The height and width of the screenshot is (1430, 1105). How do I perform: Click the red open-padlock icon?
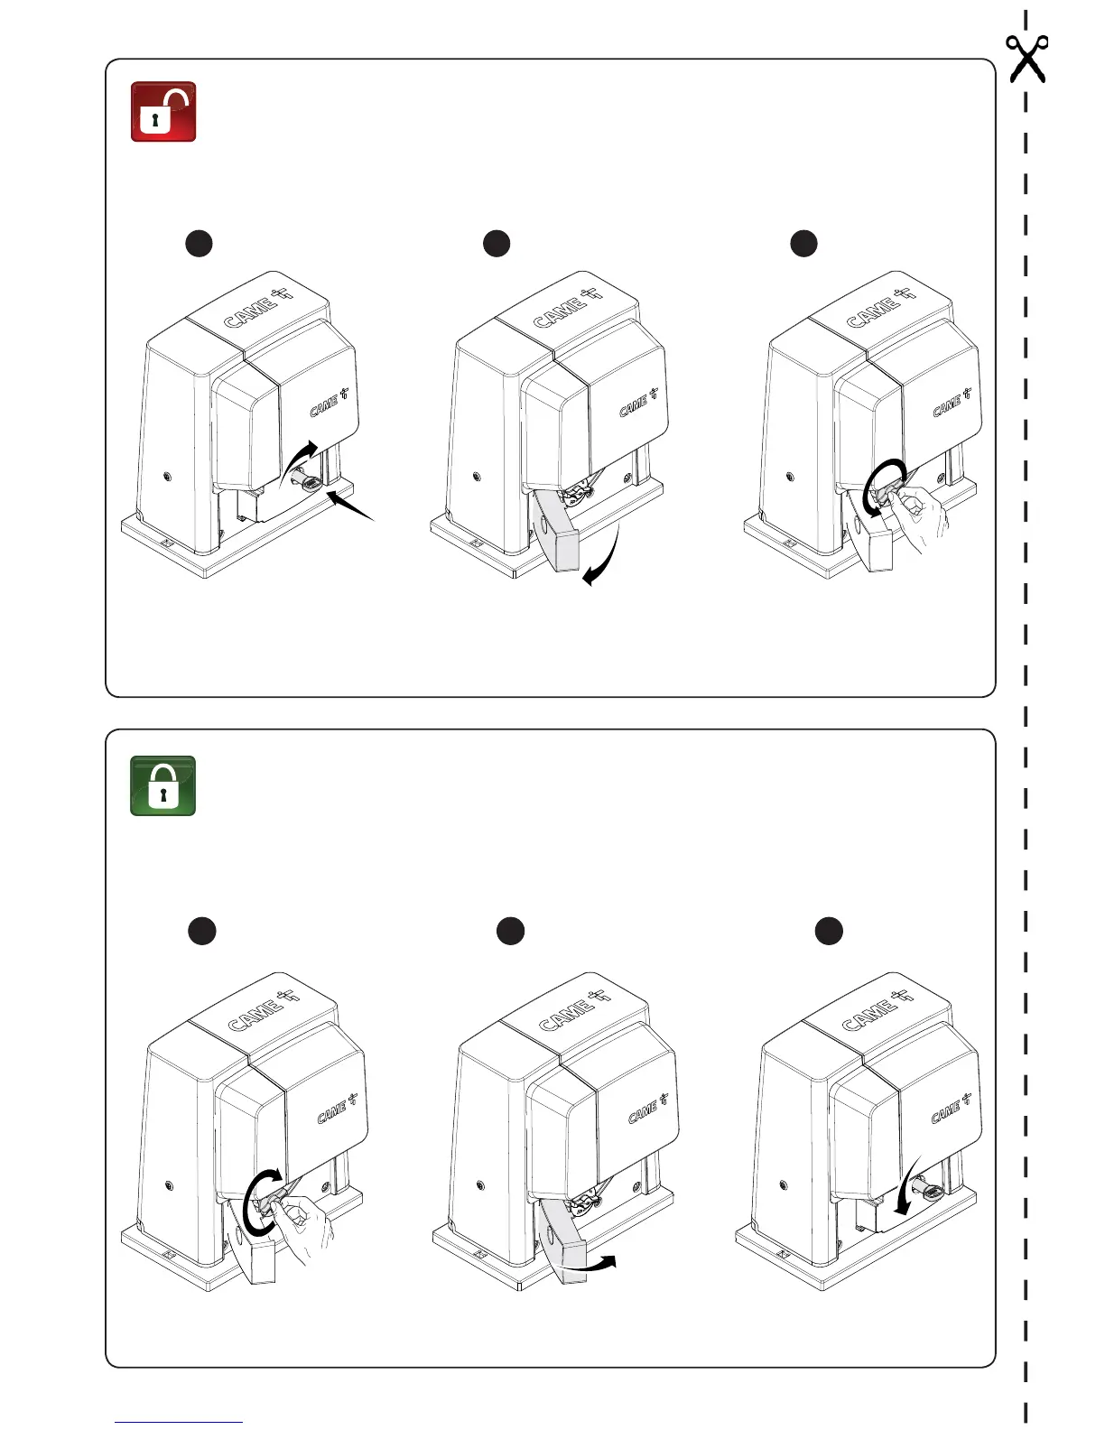[x=163, y=112]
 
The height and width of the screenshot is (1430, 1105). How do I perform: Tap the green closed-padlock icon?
[x=163, y=785]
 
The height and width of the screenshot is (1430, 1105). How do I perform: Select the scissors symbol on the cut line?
[x=1027, y=58]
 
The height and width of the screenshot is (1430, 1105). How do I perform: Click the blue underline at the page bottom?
[x=179, y=1422]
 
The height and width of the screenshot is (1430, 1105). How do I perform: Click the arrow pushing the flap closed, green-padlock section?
[x=591, y=1264]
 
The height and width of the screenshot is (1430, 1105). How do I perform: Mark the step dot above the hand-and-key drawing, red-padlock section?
[x=803, y=243]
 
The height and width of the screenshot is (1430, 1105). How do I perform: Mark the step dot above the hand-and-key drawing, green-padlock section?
[x=202, y=931]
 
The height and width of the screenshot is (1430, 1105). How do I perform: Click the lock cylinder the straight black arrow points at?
[x=310, y=484]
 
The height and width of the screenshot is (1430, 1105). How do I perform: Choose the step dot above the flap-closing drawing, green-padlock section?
[x=511, y=931]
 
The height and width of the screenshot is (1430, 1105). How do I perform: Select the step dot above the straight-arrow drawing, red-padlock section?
[x=199, y=243]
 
